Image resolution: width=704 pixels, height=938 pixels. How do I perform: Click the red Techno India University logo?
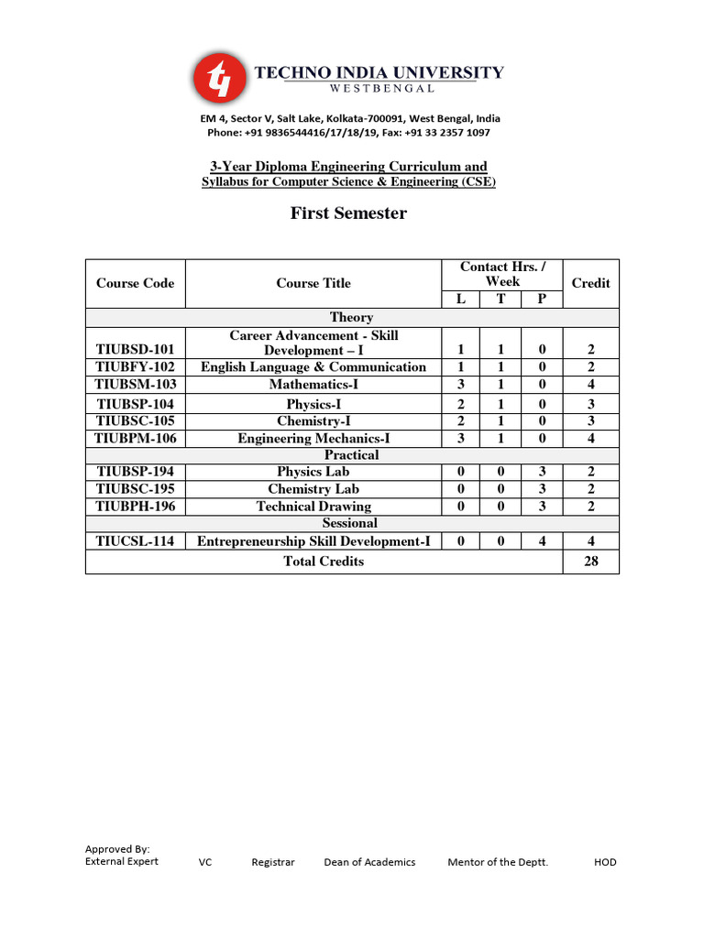pyautogui.click(x=219, y=78)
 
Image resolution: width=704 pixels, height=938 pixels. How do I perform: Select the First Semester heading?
pyautogui.click(x=348, y=213)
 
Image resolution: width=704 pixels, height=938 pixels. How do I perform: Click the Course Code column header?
pyautogui.click(x=135, y=283)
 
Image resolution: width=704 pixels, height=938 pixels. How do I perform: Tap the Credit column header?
pyautogui.click(x=590, y=283)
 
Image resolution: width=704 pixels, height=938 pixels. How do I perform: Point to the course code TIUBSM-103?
pyautogui.click(x=136, y=385)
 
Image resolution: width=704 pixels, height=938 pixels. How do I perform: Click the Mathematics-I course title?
pyautogui.click(x=313, y=385)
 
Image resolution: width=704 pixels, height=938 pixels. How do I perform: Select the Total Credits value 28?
pyautogui.click(x=590, y=562)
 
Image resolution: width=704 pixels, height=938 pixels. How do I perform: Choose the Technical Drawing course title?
pyautogui.click(x=313, y=507)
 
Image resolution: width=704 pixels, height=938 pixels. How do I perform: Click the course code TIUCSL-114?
pyautogui.click(x=136, y=541)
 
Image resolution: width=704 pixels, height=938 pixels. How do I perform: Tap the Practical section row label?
pyautogui.click(x=351, y=455)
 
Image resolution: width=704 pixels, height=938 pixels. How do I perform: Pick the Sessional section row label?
pyautogui.click(x=351, y=523)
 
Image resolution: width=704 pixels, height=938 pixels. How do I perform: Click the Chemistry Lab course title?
pyautogui.click(x=313, y=489)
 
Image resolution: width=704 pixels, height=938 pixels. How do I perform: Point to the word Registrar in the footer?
pyautogui.click(x=273, y=862)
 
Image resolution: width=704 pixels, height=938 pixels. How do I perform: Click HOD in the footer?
pyautogui.click(x=605, y=862)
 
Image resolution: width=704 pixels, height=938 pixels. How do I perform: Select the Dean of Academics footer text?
pyautogui.click(x=369, y=862)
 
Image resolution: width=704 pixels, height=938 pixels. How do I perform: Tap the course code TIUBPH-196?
pyautogui.click(x=136, y=507)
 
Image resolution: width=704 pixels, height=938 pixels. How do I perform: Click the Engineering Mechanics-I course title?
pyautogui.click(x=313, y=439)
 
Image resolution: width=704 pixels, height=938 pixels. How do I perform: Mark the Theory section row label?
pyautogui.click(x=351, y=318)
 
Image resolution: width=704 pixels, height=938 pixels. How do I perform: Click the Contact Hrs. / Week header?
pyautogui.click(x=502, y=274)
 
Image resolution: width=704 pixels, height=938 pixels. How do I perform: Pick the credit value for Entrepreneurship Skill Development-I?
pyautogui.click(x=590, y=541)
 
